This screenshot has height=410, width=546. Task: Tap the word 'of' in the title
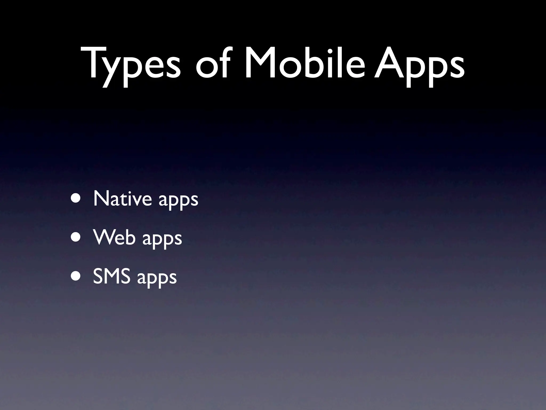212,64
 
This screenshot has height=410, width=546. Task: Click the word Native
123,199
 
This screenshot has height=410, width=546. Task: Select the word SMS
112,277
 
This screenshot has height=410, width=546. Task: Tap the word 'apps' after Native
178,200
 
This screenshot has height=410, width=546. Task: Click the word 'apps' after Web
162,239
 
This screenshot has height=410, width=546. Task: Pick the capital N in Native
102,199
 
